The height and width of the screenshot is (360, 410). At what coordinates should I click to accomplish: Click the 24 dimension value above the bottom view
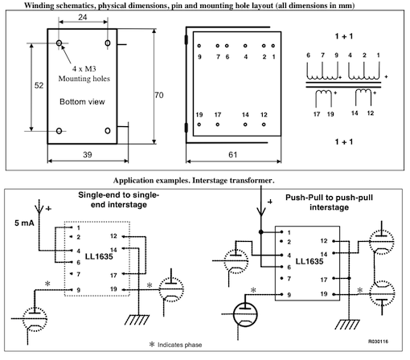83,17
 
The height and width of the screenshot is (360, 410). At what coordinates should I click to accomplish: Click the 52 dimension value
39,85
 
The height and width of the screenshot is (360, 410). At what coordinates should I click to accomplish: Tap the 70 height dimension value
159,95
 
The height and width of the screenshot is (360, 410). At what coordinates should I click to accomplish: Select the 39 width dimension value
88,154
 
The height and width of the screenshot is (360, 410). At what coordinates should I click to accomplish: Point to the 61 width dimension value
233,154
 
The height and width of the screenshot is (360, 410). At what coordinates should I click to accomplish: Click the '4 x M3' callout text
84,69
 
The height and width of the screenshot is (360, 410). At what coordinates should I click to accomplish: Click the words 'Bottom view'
82,102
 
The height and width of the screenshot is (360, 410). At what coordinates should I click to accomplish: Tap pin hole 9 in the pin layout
199,46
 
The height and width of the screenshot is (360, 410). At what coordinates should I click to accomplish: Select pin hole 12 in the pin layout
264,125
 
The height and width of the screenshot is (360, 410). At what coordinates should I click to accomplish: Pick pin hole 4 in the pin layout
245,46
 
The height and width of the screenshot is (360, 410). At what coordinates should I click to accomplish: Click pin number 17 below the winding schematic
317,114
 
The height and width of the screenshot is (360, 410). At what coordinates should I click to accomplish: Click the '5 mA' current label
24,223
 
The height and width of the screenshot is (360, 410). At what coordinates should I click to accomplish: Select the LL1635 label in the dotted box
99,256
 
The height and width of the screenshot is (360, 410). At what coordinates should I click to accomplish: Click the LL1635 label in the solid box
310,261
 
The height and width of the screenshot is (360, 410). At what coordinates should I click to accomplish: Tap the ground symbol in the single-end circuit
137,320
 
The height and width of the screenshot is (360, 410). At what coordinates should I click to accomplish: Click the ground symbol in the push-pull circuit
347,324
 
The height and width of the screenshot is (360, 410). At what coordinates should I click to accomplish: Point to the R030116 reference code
378,342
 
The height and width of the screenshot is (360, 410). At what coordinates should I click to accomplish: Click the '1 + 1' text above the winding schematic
344,36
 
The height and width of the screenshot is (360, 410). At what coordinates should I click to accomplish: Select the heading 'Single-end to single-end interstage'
119,200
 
